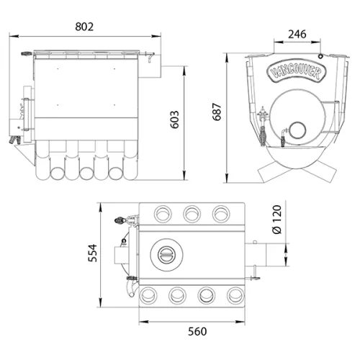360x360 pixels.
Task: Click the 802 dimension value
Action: (84, 27)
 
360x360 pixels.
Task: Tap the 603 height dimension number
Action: (175, 120)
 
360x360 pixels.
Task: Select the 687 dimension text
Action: (217, 112)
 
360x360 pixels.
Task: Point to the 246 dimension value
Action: (297, 35)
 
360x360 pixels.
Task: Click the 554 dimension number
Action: (93, 253)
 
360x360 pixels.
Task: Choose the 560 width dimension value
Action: (197, 331)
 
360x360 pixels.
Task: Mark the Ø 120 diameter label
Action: (277, 220)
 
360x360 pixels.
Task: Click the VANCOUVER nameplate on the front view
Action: (297, 71)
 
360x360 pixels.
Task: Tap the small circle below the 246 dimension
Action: (320, 56)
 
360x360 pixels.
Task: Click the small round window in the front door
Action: (297, 130)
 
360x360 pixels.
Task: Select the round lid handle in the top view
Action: (166, 254)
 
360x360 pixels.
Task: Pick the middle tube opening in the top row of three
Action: (192, 214)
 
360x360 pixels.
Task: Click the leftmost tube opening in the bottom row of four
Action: (148, 295)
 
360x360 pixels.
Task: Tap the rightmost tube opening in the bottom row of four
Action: (235, 295)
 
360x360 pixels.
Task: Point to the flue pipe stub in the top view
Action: (256, 255)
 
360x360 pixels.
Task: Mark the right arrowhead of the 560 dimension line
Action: (240, 322)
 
